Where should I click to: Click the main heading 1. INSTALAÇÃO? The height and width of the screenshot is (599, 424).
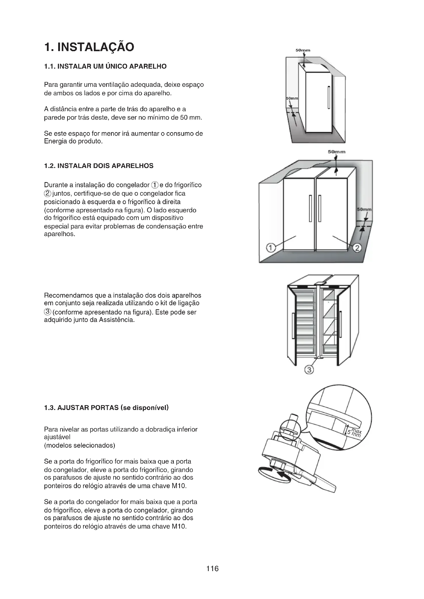pyautogui.click(x=89, y=47)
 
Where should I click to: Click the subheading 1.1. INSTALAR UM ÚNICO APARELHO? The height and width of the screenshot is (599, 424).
pyautogui.click(x=105, y=67)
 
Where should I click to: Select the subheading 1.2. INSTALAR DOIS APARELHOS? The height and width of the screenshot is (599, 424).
pyautogui.click(x=99, y=166)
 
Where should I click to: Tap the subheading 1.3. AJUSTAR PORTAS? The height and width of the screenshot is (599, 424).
pyautogui.click(x=106, y=408)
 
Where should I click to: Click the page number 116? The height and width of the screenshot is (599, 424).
pyautogui.click(x=212, y=569)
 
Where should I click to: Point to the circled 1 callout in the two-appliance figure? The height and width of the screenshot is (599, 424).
pyautogui.click(x=271, y=247)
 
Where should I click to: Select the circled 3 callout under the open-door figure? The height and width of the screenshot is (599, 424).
pyautogui.click(x=309, y=370)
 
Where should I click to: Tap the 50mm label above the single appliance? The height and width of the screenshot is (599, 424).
pyautogui.click(x=303, y=50)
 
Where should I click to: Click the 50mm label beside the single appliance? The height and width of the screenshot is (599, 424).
pyautogui.click(x=292, y=98)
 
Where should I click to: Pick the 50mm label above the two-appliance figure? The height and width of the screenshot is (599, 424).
pyautogui.click(x=337, y=152)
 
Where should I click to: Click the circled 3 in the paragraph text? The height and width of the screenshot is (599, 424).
pyautogui.click(x=47, y=311)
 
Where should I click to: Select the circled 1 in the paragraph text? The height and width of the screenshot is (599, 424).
pyautogui.click(x=155, y=185)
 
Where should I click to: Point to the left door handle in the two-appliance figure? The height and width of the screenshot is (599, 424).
pyautogui.click(x=310, y=208)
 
